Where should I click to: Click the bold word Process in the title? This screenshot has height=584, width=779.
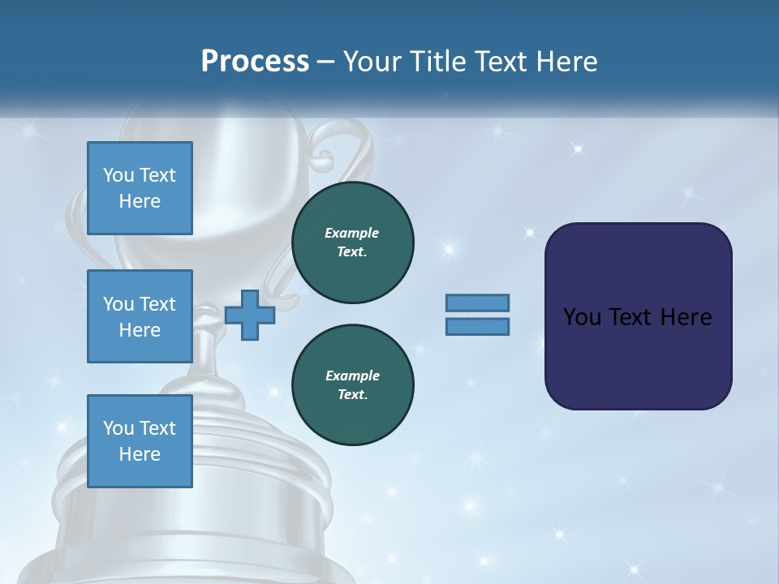255,62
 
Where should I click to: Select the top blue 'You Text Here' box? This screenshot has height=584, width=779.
140,188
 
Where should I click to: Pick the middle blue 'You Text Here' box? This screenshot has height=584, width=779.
140,316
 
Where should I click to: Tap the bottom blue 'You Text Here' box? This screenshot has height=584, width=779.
140,441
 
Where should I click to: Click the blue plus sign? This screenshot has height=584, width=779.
250,314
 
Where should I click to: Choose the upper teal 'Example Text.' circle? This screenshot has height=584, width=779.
353,243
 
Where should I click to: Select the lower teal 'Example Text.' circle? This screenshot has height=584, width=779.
353,385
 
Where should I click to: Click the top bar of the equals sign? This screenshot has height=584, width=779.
478,303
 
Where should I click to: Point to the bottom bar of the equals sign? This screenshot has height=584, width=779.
478,326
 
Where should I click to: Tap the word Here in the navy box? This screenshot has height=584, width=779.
686,317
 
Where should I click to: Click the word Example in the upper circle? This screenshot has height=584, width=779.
352,233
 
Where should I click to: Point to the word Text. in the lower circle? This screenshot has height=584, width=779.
352,395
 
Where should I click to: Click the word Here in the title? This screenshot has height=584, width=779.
568,62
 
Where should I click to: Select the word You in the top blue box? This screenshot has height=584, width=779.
118,175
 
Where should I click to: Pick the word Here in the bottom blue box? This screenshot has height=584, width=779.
140,454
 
